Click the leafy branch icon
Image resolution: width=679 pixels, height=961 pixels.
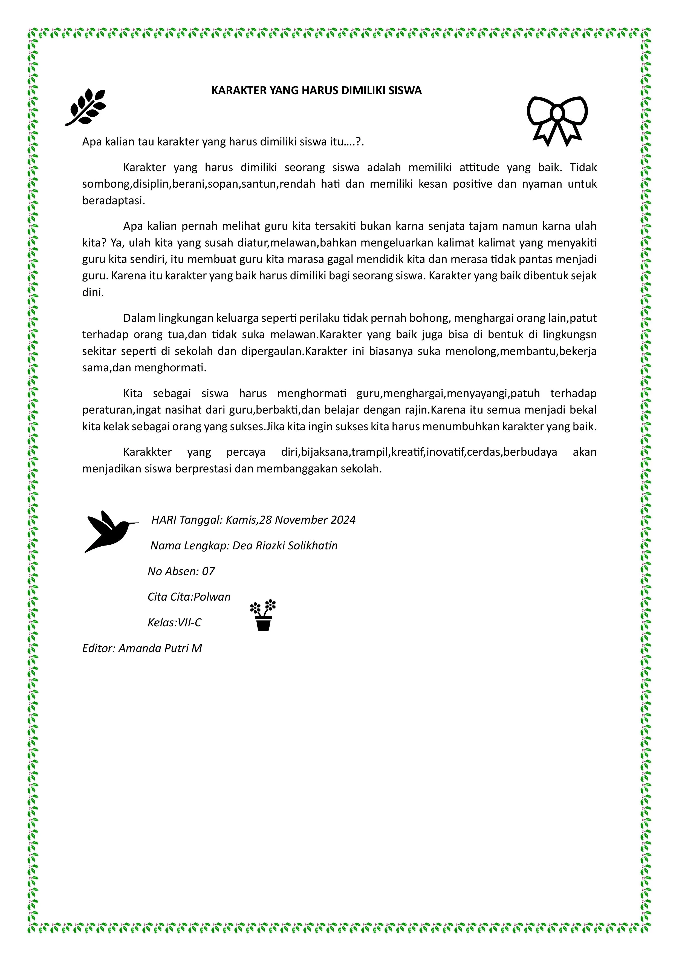(x=86, y=107)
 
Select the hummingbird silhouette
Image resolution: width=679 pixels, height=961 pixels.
(x=110, y=531)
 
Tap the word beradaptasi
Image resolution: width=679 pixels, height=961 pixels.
(x=113, y=200)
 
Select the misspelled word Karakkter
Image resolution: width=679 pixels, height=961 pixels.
(x=147, y=452)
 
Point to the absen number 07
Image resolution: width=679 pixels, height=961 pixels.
(x=208, y=571)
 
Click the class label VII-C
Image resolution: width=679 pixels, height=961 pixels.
(x=189, y=623)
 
